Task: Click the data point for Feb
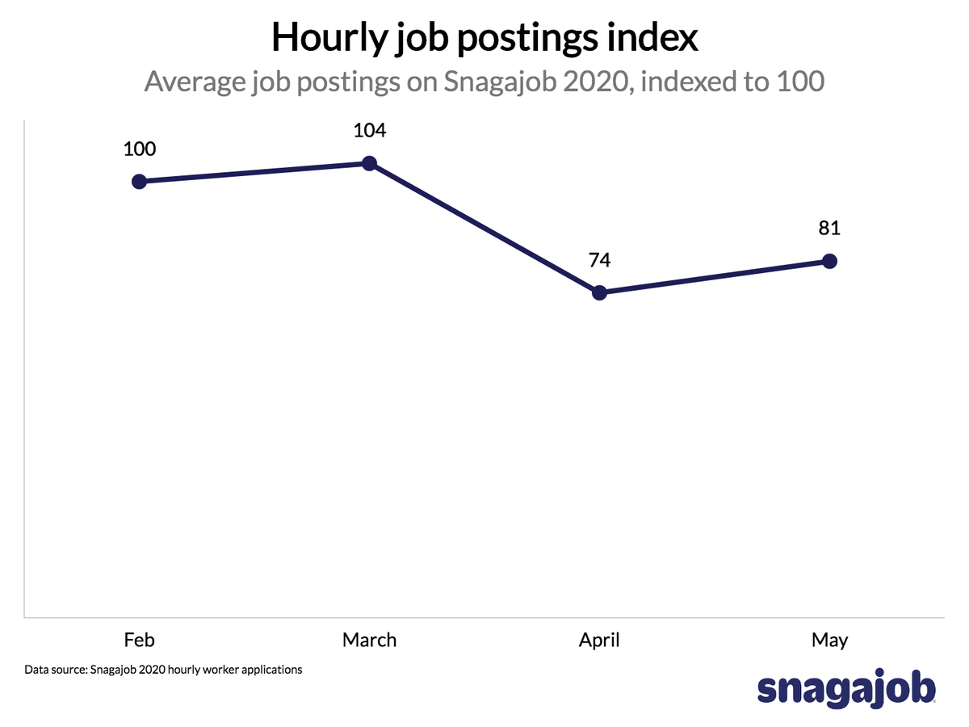[x=139, y=181]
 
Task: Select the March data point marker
[x=369, y=163]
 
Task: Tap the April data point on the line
[x=599, y=292]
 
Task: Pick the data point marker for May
[x=829, y=261]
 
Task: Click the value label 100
[x=139, y=149]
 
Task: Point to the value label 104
[x=369, y=132]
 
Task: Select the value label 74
[x=599, y=260]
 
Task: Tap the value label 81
[x=829, y=229]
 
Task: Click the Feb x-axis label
[x=139, y=641]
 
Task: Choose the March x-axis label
[x=369, y=641]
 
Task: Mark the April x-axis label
[x=599, y=641]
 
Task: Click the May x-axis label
[x=829, y=641]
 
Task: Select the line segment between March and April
[x=484, y=228]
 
